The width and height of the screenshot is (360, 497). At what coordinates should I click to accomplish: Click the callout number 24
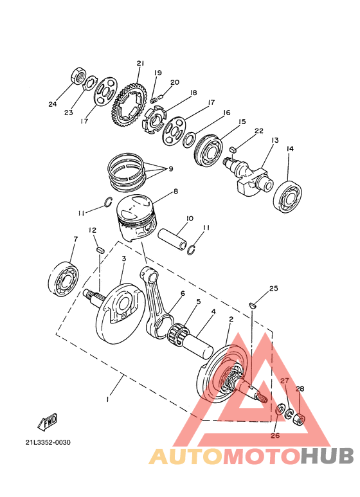(53, 104)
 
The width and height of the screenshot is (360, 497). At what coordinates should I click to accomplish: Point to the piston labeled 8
(136, 217)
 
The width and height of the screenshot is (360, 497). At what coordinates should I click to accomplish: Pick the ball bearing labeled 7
(63, 280)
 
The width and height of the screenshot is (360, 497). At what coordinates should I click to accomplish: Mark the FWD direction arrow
(48, 422)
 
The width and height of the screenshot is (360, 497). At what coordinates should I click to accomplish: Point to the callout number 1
(107, 399)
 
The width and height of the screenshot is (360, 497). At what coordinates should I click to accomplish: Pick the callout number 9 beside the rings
(170, 169)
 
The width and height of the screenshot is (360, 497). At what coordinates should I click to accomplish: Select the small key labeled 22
(233, 148)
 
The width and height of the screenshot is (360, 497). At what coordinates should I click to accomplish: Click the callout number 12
(93, 230)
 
